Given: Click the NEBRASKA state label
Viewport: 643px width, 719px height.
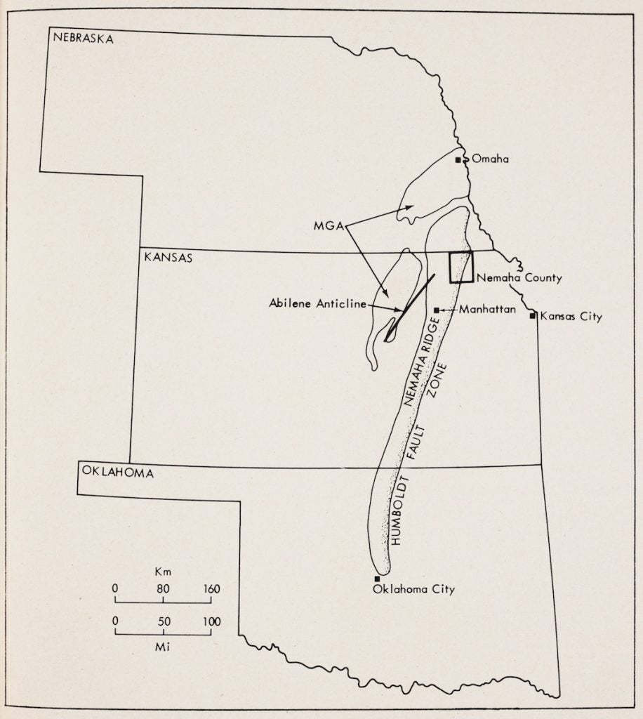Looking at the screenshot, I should (83, 39).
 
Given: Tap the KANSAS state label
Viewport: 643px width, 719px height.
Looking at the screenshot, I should (168, 258).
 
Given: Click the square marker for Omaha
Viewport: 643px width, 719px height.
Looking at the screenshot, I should (458, 160).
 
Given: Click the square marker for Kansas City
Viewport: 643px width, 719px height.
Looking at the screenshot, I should (533, 315).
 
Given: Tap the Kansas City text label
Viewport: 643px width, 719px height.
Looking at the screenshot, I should (571, 317).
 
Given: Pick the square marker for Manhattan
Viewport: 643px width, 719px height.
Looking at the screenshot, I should (437, 310).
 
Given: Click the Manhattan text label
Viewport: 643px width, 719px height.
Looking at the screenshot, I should (488, 309).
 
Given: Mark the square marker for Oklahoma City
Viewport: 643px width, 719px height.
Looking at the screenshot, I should (377, 579).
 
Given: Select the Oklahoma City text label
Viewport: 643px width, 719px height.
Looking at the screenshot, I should (414, 589).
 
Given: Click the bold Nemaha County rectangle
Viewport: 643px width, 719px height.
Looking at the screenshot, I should (461, 267).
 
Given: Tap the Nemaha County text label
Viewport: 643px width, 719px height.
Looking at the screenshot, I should (519, 278).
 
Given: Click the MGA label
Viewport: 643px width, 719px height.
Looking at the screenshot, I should (328, 226).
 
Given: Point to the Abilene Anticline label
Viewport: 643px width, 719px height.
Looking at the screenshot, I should (317, 304).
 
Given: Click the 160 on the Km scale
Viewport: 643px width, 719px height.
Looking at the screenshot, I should (211, 589).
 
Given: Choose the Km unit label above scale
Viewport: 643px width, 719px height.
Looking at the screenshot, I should (163, 572).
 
